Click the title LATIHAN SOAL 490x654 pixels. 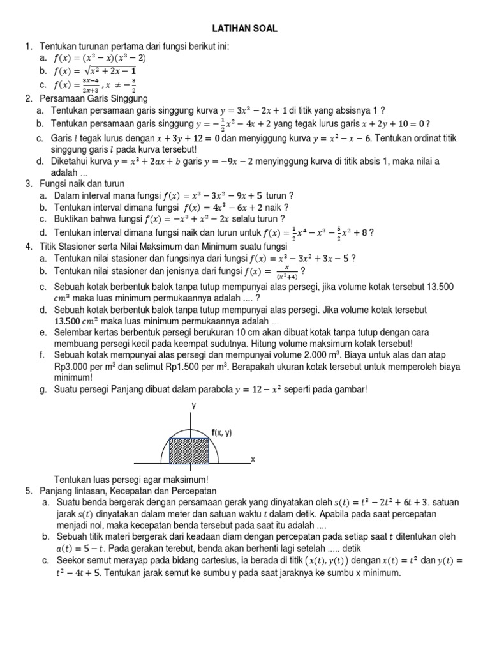(x=245, y=29)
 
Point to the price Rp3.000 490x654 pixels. (x=74, y=367)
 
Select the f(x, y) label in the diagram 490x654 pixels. (x=221, y=432)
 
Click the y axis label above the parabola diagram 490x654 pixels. (x=193, y=406)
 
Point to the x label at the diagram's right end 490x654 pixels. (x=253, y=459)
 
